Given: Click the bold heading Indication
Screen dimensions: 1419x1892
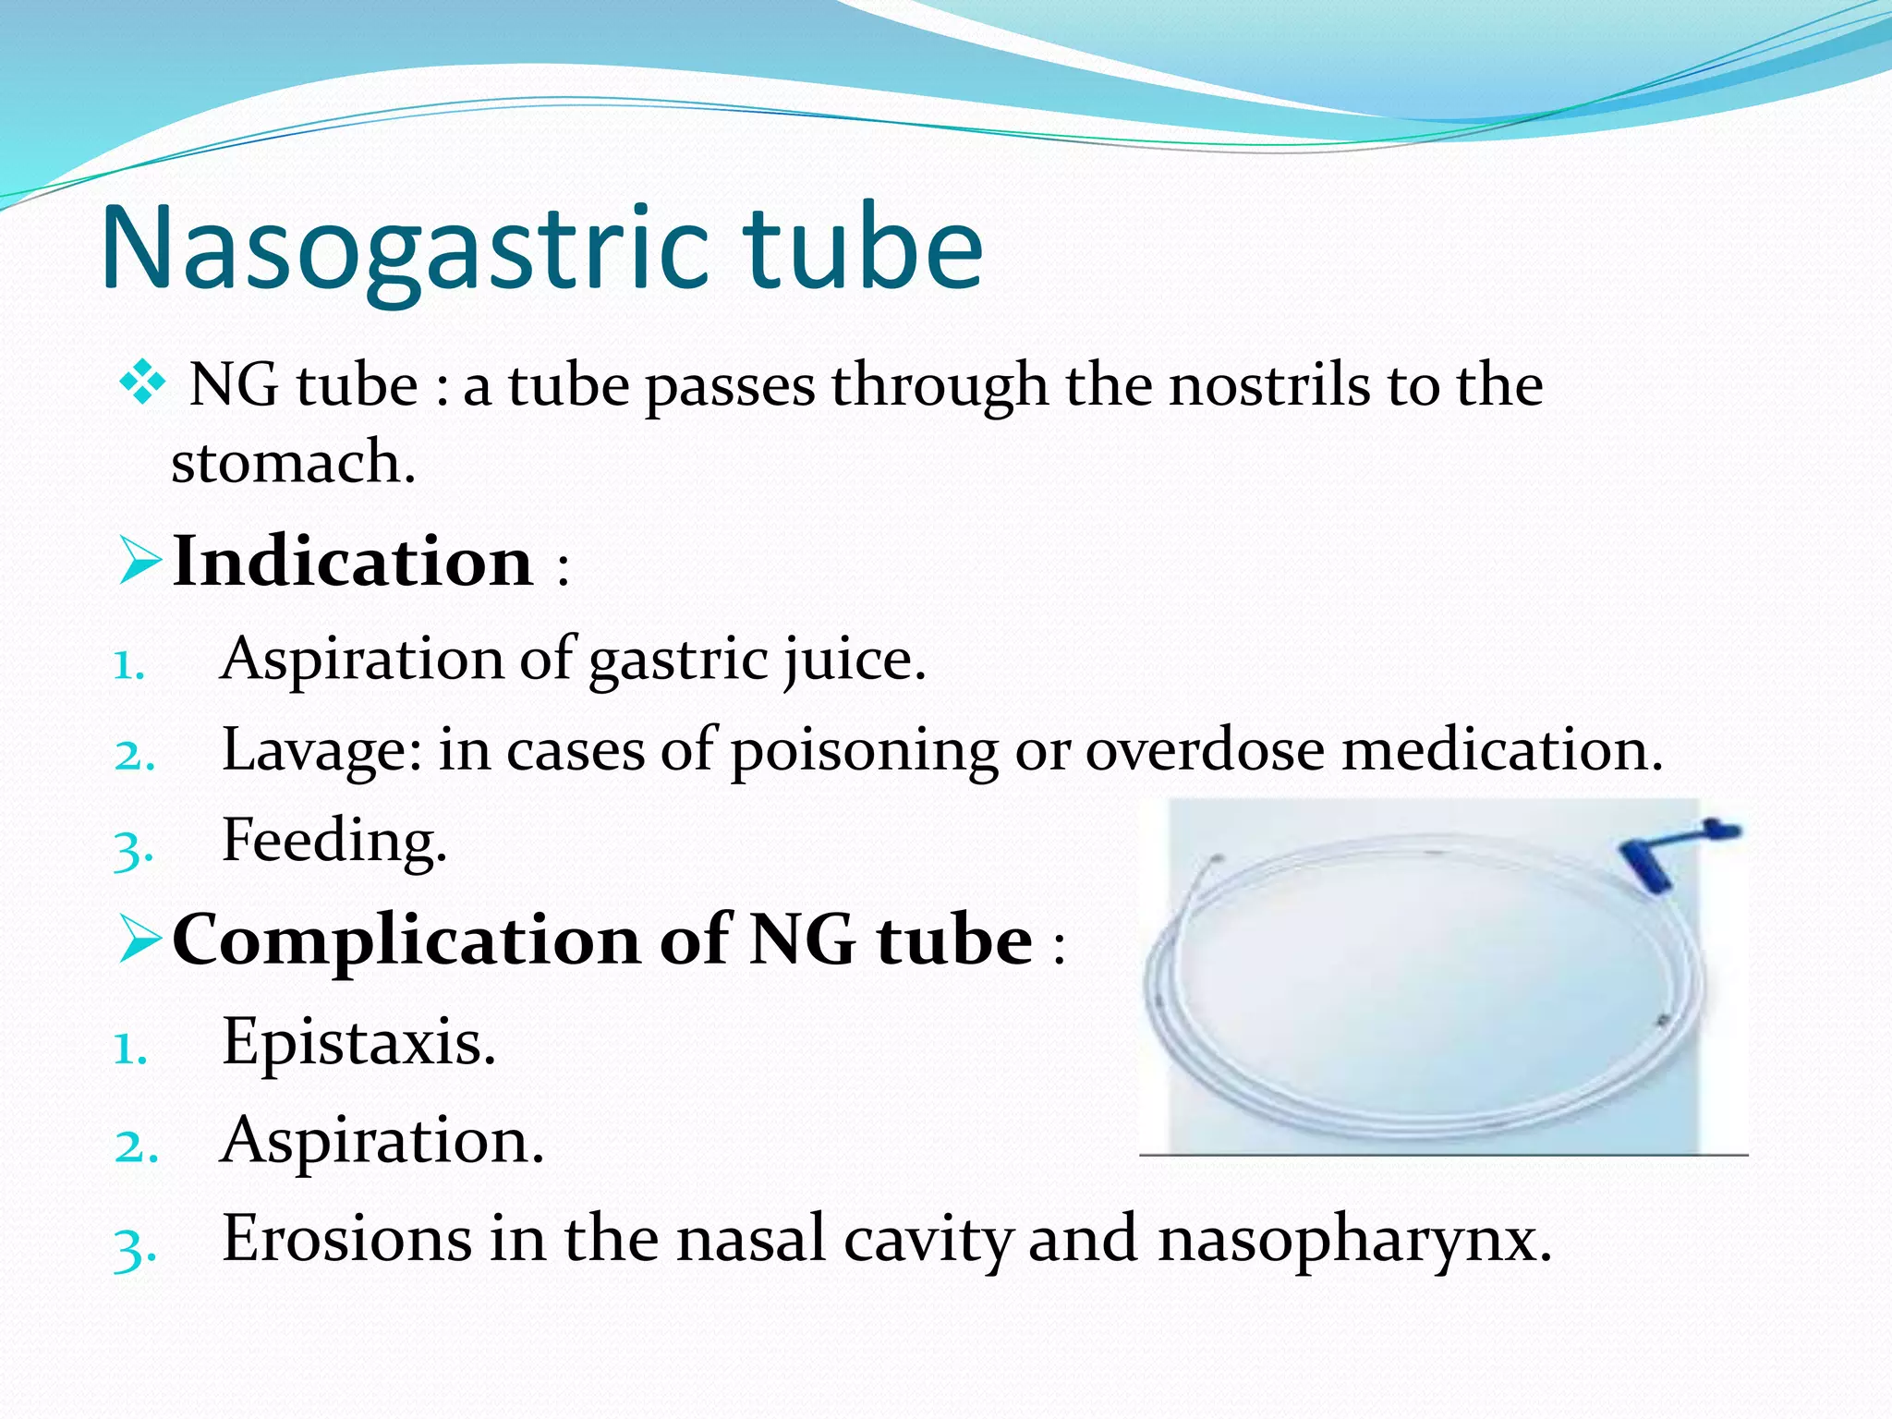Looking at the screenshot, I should point(352,561).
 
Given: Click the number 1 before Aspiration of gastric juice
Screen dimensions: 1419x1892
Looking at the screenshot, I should point(127,665).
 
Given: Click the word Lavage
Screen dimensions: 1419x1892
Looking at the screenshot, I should point(321,750).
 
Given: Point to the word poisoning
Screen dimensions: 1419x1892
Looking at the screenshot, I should point(864,750).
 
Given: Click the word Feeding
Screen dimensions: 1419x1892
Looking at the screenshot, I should point(334,841).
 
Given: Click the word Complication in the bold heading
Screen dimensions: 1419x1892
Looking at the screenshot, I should point(406,940).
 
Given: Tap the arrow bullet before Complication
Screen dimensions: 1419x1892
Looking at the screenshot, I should point(140,940).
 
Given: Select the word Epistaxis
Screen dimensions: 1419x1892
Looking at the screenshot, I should point(358,1042).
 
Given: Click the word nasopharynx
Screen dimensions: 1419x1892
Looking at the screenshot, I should point(1353,1240).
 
